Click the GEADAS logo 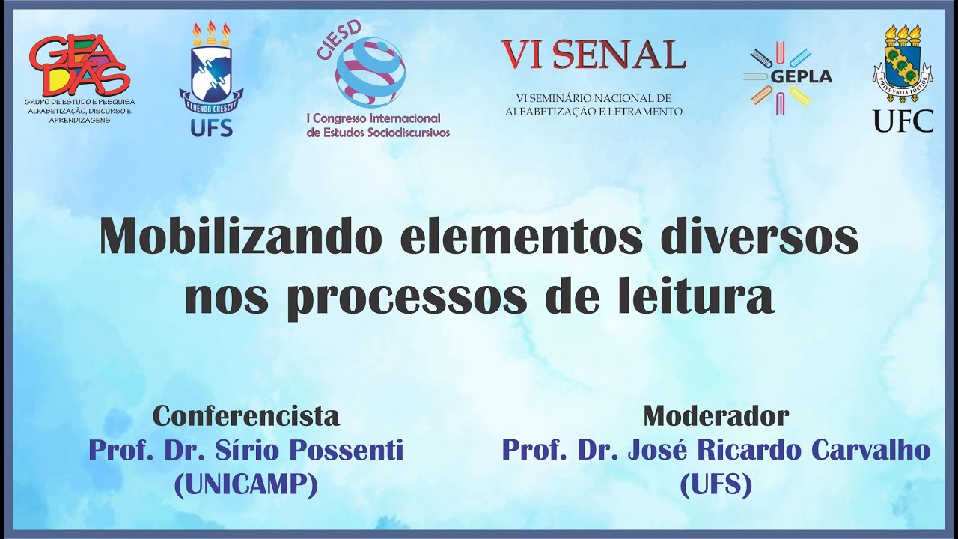pyautogui.click(x=79, y=66)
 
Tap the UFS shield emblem pyautogui.click(x=211, y=74)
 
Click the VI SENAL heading pyautogui.click(x=594, y=54)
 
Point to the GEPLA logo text pyautogui.click(x=800, y=76)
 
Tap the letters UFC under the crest pyautogui.click(x=903, y=121)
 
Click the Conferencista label pyautogui.click(x=246, y=415)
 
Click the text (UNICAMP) pyautogui.click(x=246, y=486)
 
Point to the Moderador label pyautogui.click(x=716, y=415)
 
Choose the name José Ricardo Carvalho pyautogui.click(x=781, y=451)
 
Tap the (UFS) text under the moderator pyautogui.click(x=716, y=486)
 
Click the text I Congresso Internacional pyautogui.click(x=374, y=118)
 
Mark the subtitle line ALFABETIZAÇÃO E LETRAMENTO pyautogui.click(x=594, y=112)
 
